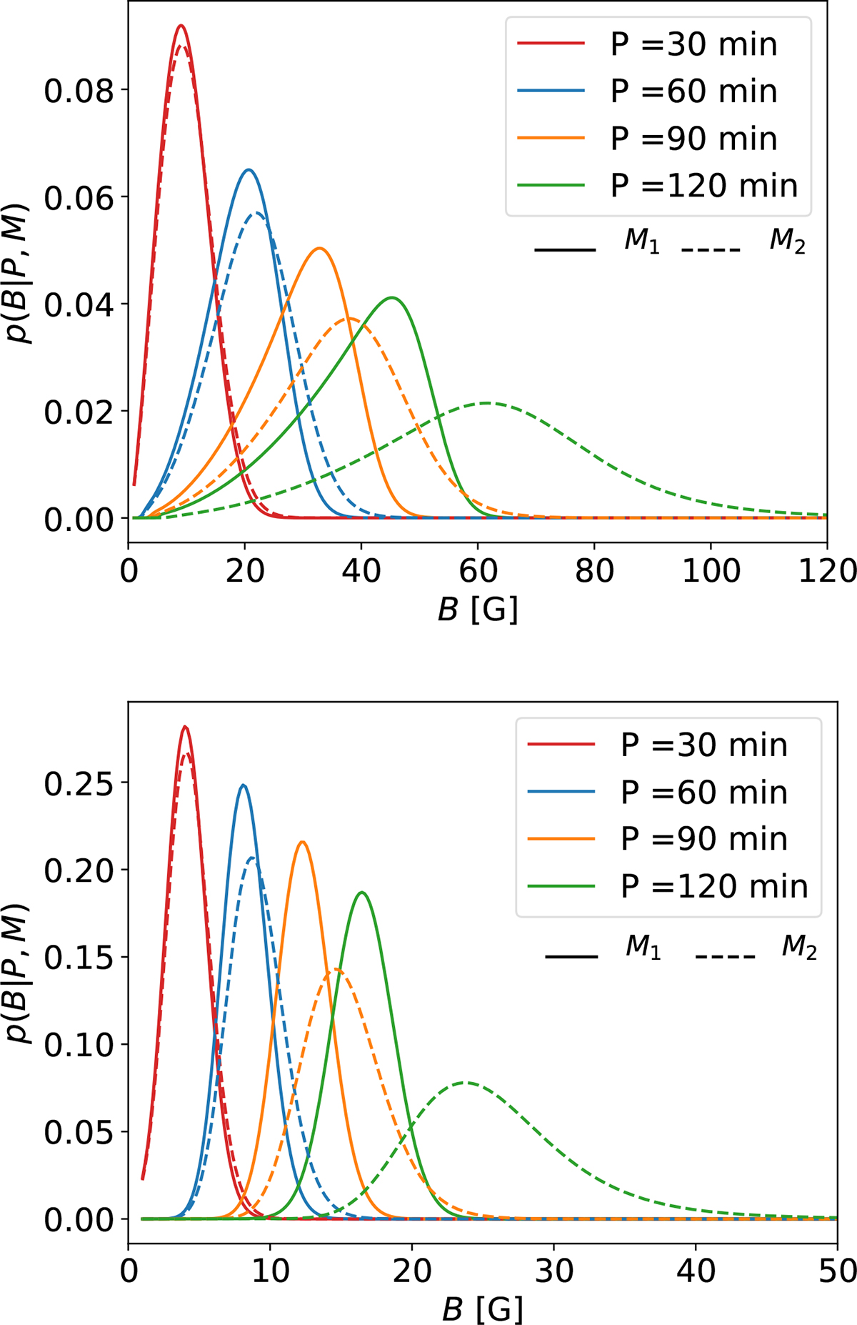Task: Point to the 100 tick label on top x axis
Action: coord(711,571)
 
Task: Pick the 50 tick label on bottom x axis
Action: coord(837,1271)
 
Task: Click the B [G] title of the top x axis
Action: coord(478,610)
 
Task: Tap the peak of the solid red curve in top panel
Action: coord(181,26)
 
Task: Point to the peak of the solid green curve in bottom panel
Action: coord(362,892)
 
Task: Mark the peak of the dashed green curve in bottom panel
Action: coord(466,1082)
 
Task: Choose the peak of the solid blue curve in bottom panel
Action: coord(244,785)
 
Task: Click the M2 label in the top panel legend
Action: coord(787,242)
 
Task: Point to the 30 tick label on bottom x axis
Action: coord(554,1271)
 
